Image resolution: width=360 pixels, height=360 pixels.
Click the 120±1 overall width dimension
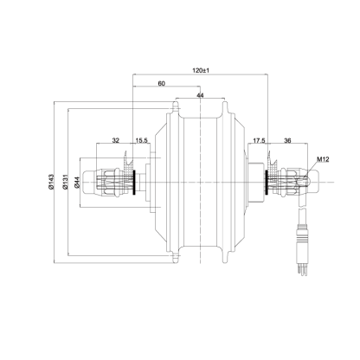(x=201, y=70)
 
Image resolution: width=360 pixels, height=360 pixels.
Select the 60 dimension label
(x=162, y=84)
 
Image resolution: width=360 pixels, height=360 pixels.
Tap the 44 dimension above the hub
(x=200, y=95)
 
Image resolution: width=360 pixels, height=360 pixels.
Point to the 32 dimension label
(x=116, y=140)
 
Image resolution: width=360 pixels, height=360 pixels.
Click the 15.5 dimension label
(x=141, y=140)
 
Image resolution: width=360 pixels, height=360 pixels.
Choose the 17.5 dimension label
(x=259, y=140)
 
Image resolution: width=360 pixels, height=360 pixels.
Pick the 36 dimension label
(x=287, y=140)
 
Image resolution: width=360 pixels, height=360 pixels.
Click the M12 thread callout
(x=323, y=158)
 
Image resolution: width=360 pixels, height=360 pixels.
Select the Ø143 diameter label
(x=51, y=182)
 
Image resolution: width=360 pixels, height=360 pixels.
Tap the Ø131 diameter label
(x=65, y=182)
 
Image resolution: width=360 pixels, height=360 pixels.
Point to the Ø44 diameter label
(x=77, y=183)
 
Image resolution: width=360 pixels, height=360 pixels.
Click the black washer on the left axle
(x=134, y=182)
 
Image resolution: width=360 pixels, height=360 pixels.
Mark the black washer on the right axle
(x=267, y=182)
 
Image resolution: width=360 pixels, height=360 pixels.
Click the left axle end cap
(x=89, y=183)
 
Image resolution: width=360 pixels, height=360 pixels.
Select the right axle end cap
(x=313, y=183)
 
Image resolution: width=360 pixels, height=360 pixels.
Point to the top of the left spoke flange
(x=175, y=106)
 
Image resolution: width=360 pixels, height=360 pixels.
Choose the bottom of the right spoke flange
(x=225, y=258)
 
